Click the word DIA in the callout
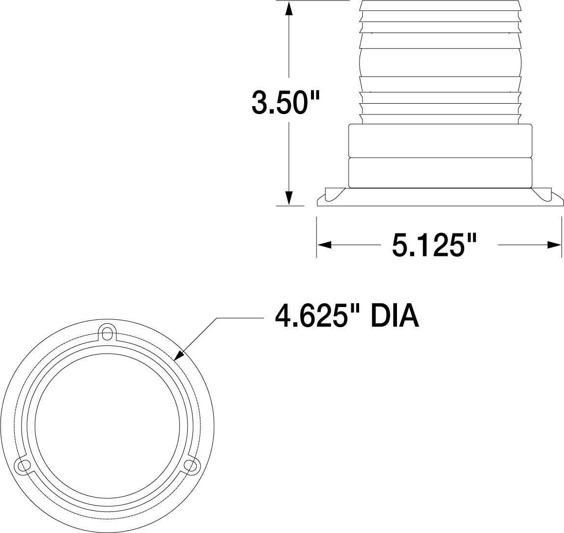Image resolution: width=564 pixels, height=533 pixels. [395, 317]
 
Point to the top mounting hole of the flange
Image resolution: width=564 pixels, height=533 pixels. [107, 330]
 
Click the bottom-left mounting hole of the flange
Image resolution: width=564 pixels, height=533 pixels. [22, 465]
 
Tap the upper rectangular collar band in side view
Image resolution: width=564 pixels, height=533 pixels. [440, 140]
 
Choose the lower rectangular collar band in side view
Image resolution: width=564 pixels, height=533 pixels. [440, 172]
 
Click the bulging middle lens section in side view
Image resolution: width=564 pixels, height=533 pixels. [440, 62]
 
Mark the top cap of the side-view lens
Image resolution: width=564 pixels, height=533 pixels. [440, 6]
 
